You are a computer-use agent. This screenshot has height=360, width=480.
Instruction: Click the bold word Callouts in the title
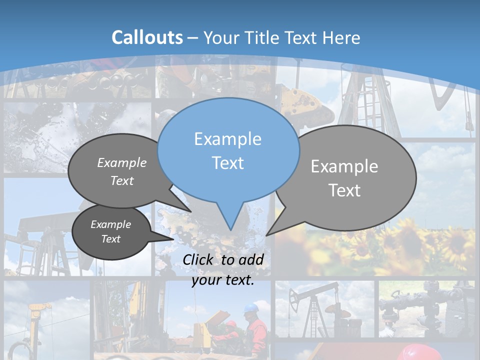(147, 37)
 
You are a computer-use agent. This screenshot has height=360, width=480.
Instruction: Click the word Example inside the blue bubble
(227, 139)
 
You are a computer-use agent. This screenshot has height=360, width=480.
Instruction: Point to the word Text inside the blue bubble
(227, 163)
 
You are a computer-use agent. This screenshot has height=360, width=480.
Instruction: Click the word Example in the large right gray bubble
(344, 166)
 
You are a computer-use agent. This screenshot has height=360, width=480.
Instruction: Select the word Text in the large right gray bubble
(344, 190)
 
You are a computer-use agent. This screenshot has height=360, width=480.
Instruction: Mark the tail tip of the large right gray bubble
(267, 235)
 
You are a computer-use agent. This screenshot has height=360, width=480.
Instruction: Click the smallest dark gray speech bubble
(111, 232)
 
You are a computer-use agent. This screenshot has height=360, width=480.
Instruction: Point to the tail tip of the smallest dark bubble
(173, 239)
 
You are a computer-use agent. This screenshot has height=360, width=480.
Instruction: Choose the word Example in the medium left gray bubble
(122, 163)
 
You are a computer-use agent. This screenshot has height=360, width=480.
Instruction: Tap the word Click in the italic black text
(199, 259)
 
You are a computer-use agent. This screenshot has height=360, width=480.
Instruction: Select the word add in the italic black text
(251, 259)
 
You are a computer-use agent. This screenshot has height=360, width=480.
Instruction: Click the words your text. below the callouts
(223, 280)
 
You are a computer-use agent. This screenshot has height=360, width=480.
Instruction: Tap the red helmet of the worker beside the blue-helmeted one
(230, 323)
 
